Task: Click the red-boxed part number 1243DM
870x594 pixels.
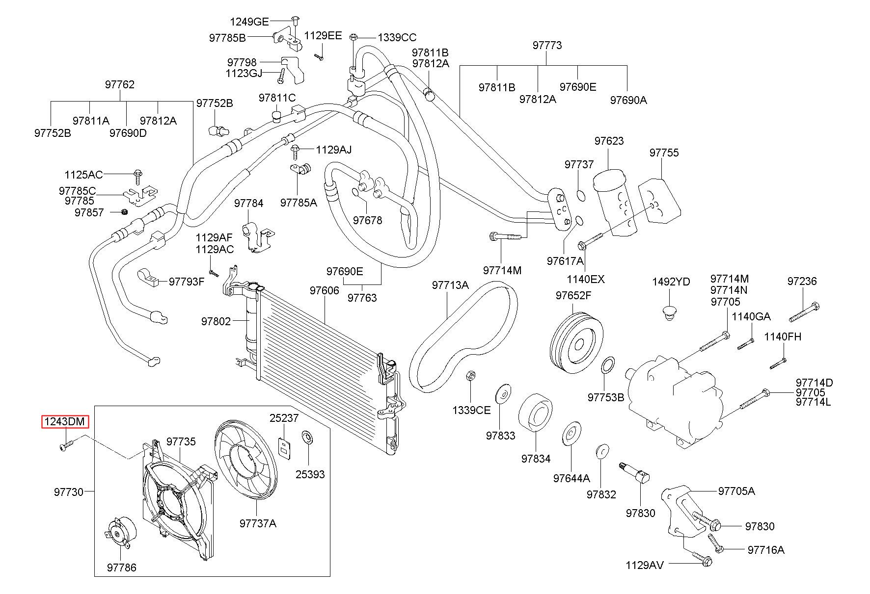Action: coord(65,421)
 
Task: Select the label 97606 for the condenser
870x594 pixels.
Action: coord(324,290)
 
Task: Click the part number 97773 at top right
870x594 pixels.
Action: coord(547,45)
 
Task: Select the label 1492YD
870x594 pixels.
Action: coord(671,282)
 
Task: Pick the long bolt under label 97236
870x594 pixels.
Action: coord(805,311)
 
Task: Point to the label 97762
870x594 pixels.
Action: coord(119,84)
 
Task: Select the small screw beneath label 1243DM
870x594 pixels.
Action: coord(65,445)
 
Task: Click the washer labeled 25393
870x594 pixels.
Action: coord(308,436)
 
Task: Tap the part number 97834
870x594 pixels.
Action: coord(536,458)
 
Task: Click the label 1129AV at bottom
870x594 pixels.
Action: coord(645,565)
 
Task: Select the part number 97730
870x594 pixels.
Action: coord(69,491)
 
